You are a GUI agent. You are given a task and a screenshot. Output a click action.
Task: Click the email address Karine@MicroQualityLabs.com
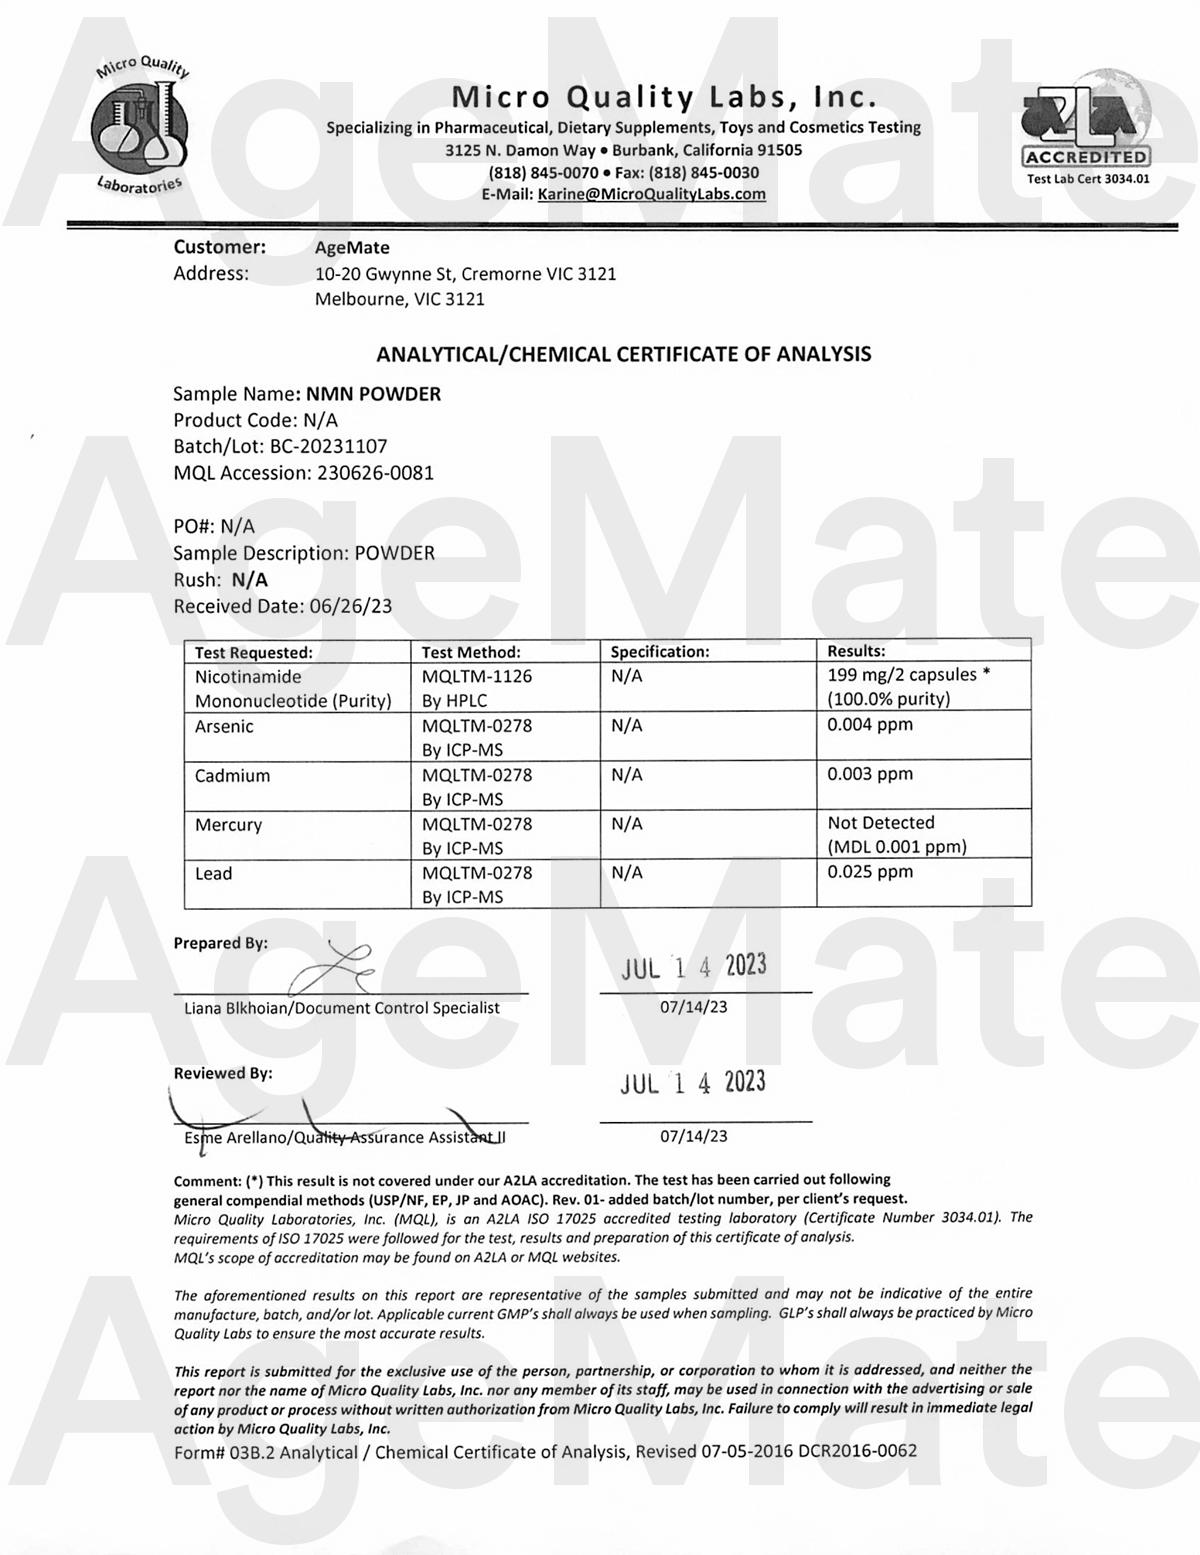(651, 194)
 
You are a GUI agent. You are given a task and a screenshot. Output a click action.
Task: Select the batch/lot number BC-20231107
(328, 447)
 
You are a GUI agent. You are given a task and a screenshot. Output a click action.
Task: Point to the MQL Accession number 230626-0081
(375, 473)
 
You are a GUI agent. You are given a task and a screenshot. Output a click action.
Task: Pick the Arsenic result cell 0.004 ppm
(869, 725)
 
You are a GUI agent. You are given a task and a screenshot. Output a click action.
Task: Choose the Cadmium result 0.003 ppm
(869, 774)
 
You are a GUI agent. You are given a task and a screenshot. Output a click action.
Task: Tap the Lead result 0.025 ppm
(869, 872)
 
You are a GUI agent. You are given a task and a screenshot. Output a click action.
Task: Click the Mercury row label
(228, 825)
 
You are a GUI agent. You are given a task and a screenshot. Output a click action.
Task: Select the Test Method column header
(471, 652)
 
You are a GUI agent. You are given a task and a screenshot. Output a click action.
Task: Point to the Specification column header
(660, 652)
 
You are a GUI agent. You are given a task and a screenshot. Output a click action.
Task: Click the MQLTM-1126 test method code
(477, 677)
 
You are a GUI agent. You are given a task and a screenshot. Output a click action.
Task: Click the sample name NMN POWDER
(373, 394)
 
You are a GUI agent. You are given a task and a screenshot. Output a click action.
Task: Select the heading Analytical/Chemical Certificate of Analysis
(623, 354)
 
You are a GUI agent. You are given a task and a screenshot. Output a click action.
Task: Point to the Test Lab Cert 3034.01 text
(1088, 180)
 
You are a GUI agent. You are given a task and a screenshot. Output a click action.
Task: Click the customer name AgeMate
(352, 248)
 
